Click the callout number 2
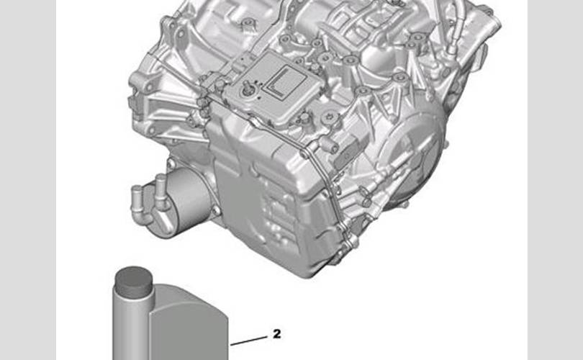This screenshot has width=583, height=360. [276, 334]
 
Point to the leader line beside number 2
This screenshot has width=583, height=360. [249, 341]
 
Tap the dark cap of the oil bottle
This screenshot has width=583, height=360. [133, 282]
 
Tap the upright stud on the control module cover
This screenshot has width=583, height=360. [246, 88]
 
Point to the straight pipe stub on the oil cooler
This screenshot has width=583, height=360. [161, 192]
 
